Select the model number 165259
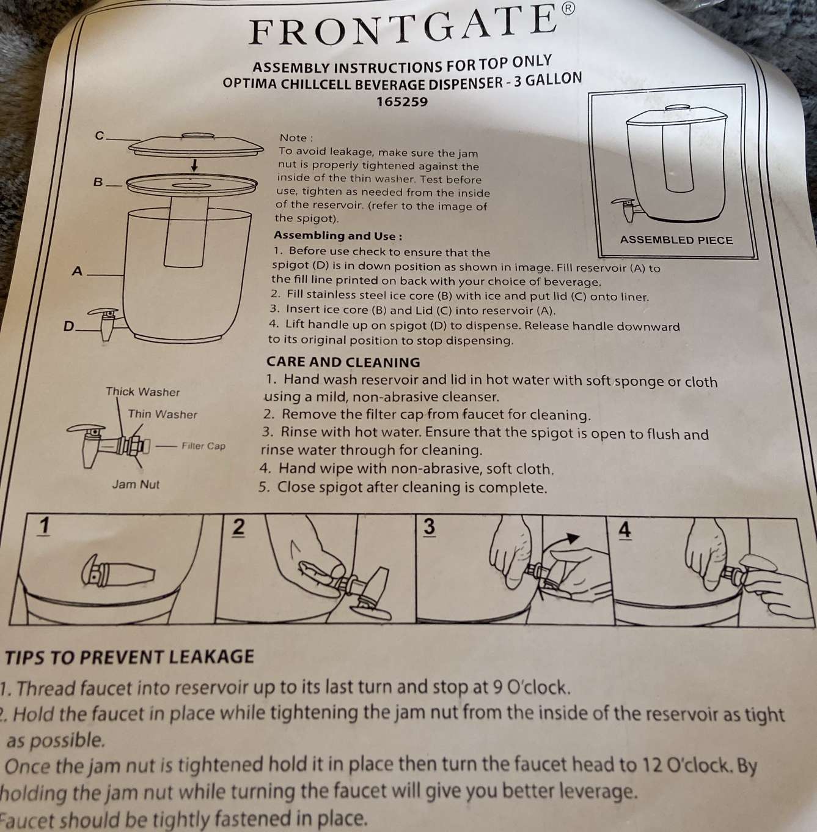pyautogui.click(x=402, y=102)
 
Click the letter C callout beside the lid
pyautogui.click(x=100, y=136)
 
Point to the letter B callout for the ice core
pyautogui.click(x=98, y=182)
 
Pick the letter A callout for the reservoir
pyautogui.click(x=77, y=271)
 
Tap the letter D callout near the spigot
pyautogui.click(x=68, y=326)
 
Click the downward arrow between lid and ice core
pyautogui.click(x=194, y=165)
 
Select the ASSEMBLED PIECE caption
pyautogui.click(x=676, y=240)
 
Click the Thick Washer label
pyautogui.click(x=143, y=392)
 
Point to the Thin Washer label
pyautogui.click(x=162, y=415)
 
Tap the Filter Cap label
pyautogui.click(x=203, y=446)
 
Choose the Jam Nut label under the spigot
pyautogui.click(x=136, y=485)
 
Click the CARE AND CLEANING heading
pyautogui.click(x=343, y=362)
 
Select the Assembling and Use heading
pyautogui.click(x=338, y=236)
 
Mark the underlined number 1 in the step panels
pyautogui.click(x=44, y=527)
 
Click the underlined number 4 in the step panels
pyautogui.click(x=625, y=530)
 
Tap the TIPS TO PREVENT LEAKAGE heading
pyautogui.click(x=130, y=656)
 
